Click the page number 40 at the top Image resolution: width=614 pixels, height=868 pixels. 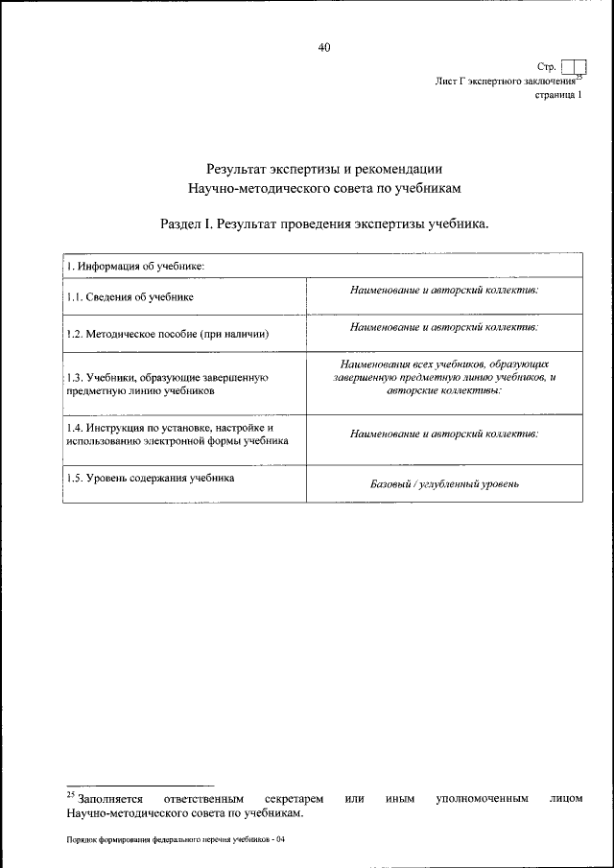323,48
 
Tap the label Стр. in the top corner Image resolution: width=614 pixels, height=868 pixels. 547,67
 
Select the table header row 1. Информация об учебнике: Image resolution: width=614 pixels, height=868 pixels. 135,265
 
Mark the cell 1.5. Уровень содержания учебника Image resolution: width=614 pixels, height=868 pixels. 151,477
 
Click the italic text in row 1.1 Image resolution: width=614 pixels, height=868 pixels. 444,290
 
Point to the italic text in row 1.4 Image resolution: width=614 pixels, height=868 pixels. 444,434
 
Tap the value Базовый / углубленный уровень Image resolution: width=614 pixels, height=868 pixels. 444,483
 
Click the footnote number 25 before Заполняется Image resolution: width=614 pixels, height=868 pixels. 70,794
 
